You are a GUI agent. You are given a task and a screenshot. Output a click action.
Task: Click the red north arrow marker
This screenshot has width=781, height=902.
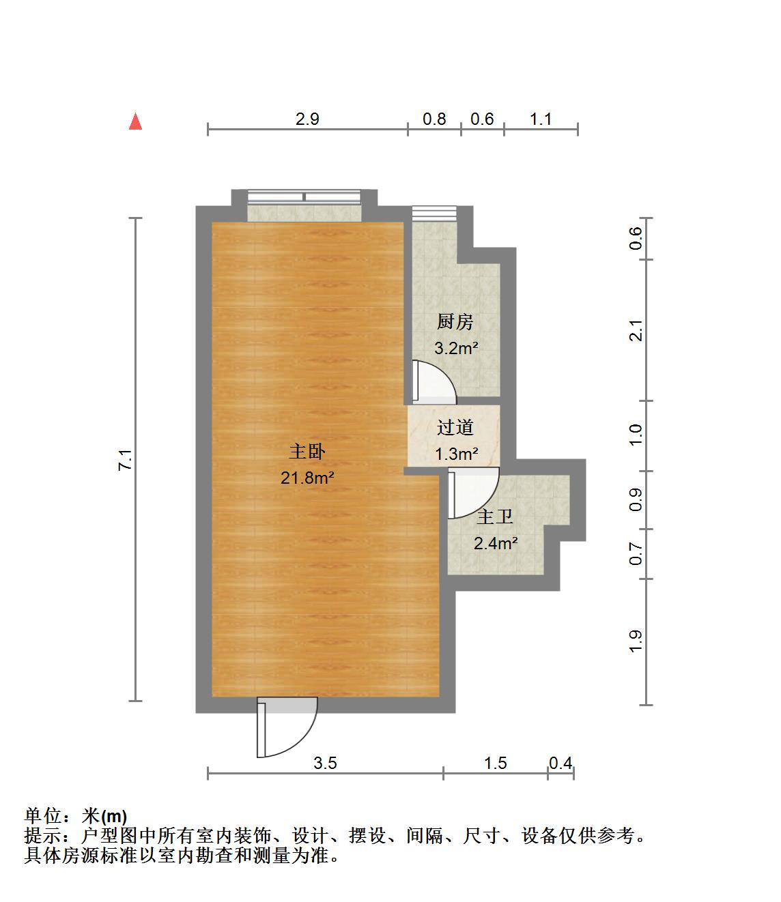(136, 121)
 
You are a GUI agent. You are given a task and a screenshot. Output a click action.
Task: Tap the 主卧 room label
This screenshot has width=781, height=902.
(307, 452)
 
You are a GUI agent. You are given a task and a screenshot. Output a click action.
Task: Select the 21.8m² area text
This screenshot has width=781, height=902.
(307, 478)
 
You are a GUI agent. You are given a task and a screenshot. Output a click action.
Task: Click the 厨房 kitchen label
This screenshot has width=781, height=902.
(455, 321)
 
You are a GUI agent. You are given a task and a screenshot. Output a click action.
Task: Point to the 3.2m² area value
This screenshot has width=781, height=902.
(456, 348)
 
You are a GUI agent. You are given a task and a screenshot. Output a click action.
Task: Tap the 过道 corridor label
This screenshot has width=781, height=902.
(455, 428)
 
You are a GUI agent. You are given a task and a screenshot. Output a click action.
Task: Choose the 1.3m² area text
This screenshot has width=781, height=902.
(456, 454)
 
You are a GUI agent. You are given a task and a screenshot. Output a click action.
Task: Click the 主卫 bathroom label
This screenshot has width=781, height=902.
(495, 517)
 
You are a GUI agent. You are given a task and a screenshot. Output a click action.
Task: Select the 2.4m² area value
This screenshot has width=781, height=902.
(495, 543)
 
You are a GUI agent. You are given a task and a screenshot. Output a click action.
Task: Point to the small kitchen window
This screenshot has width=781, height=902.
(434, 212)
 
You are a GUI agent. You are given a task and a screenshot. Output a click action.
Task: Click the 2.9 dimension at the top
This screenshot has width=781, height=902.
(307, 119)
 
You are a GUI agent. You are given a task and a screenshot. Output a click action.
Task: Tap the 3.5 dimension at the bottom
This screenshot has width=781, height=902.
(325, 763)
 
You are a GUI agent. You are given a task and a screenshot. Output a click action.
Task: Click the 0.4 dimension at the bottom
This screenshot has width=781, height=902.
(560, 763)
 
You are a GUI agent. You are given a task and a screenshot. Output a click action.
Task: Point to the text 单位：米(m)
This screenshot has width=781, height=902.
(76, 816)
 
